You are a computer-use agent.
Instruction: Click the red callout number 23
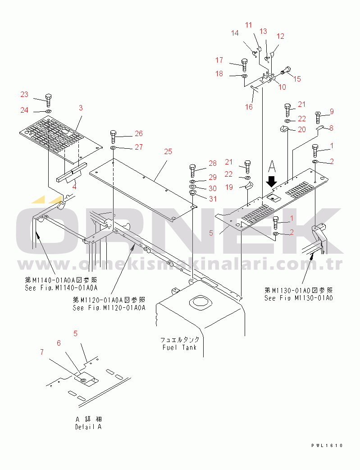[24, 95]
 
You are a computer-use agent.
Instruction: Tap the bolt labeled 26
[113, 137]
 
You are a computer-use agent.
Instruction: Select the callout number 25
[168, 152]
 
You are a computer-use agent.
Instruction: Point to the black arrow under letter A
[272, 181]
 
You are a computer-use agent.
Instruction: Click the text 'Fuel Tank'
[180, 347]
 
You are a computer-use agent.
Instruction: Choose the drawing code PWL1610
[327, 446]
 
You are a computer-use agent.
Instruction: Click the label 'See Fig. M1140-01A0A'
[61, 288]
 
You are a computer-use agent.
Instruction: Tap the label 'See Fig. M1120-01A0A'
[109, 308]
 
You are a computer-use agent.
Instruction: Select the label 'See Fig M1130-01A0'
[299, 298]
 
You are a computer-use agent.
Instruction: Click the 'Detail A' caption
[88, 427]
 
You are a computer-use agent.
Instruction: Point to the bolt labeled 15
[285, 71]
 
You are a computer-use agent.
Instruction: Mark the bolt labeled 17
[244, 65]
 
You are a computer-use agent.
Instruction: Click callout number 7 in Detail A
[42, 352]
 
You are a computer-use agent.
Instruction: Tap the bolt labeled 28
[193, 170]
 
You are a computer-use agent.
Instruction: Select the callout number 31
[213, 199]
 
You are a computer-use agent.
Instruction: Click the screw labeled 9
[318, 117]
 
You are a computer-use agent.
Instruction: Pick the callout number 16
[249, 107]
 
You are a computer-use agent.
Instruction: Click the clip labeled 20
[284, 129]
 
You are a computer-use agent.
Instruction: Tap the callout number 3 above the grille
[81, 108]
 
